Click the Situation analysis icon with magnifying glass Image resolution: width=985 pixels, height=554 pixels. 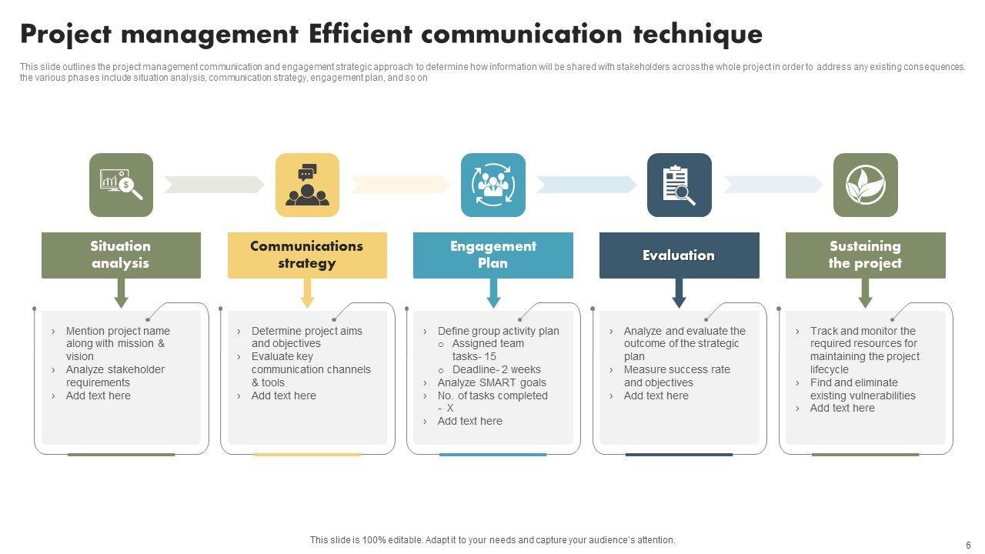click(x=121, y=185)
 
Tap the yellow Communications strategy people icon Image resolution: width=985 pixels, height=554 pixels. click(x=307, y=185)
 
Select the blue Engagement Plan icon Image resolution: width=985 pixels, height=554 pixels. click(x=493, y=185)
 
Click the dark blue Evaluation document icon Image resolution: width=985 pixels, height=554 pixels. click(x=679, y=185)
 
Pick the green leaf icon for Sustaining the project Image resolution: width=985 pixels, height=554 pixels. click(x=865, y=185)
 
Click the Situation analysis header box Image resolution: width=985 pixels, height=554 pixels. click(x=121, y=255)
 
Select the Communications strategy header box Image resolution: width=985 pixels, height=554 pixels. click(x=307, y=255)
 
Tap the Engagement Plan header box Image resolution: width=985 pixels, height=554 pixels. click(x=493, y=255)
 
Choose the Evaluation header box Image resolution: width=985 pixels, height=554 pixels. click(x=679, y=255)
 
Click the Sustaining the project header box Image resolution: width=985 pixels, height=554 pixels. click(x=865, y=255)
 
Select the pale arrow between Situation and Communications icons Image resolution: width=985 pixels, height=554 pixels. click(x=214, y=185)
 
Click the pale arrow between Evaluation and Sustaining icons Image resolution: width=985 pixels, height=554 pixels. click(x=773, y=185)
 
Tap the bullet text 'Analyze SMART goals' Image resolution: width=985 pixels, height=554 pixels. click(x=492, y=382)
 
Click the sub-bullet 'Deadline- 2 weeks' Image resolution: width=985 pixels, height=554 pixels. click(x=496, y=369)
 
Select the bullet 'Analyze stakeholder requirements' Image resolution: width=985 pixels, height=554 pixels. click(x=115, y=375)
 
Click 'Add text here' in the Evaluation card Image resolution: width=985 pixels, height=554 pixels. click(x=656, y=395)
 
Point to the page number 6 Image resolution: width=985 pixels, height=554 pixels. click(x=968, y=545)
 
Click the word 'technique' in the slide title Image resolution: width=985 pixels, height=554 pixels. click(x=698, y=35)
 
